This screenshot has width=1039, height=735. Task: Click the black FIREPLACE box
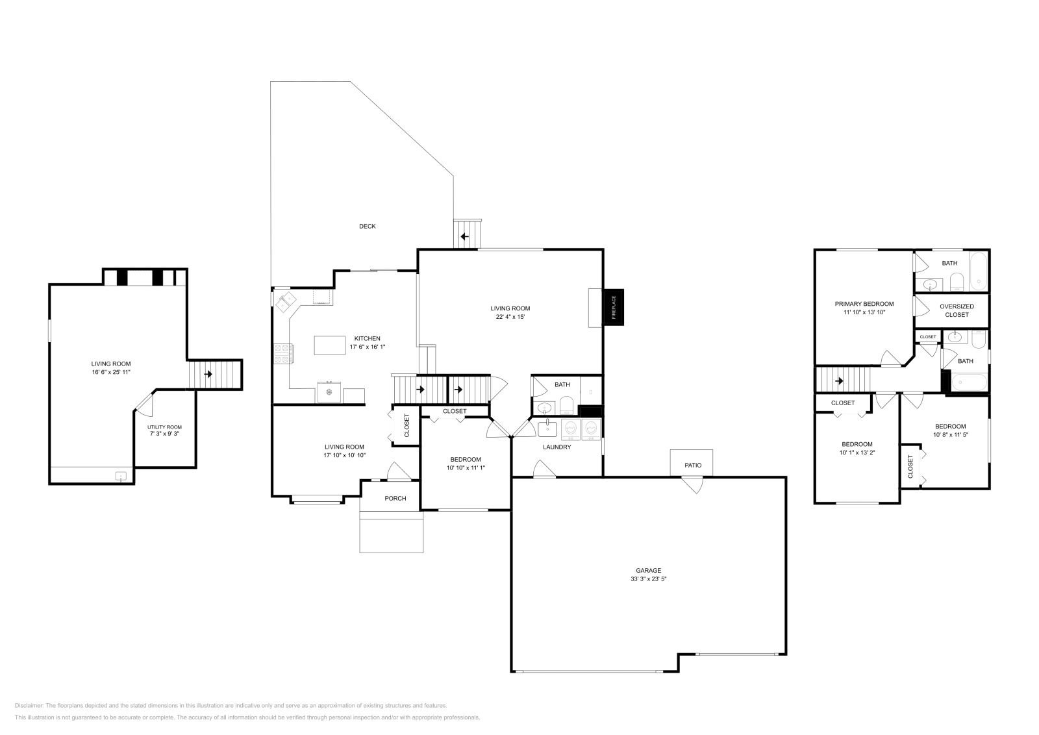click(x=613, y=307)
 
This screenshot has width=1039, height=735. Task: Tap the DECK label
click(x=368, y=227)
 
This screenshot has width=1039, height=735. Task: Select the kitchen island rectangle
click(x=329, y=345)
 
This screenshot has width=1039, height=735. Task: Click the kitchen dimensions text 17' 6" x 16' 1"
click(x=368, y=347)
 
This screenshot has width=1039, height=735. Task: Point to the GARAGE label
click(x=649, y=571)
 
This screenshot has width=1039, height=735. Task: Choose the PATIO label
click(x=693, y=465)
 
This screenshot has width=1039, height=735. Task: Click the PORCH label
click(x=395, y=499)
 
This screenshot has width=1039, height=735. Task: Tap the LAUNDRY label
click(x=557, y=447)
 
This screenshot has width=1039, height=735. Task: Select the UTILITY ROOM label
click(x=165, y=427)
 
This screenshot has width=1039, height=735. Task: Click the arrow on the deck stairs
click(x=464, y=236)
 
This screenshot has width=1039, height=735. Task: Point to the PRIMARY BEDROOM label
click(x=864, y=305)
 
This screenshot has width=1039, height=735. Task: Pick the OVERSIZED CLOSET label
click(x=957, y=311)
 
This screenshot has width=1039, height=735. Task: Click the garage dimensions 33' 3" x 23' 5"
click(x=649, y=579)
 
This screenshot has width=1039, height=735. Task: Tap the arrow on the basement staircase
click(x=208, y=374)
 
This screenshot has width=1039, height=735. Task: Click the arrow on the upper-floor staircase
click(x=839, y=381)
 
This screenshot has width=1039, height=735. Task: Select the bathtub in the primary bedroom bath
click(x=978, y=271)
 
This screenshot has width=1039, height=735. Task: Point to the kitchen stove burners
click(x=283, y=354)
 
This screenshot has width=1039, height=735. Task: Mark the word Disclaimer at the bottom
click(x=29, y=706)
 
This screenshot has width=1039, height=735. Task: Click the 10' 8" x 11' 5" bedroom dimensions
click(x=951, y=435)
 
